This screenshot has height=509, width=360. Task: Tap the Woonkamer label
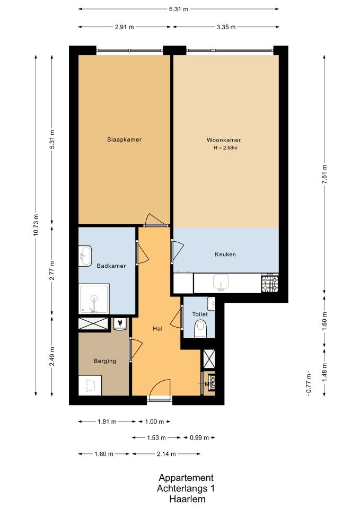point(224,140)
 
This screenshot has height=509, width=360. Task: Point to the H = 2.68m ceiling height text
point(225,148)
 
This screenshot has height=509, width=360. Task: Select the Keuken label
point(225,254)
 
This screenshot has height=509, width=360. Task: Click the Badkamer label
point(111,266)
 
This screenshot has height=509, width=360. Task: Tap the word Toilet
point(200,314)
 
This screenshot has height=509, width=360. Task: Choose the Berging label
point(105,361)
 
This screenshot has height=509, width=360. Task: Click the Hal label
point(157,329)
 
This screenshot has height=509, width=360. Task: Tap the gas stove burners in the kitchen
point(270,283)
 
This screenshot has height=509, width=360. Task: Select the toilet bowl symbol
point(200,329)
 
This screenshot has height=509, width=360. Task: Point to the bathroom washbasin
point(85,256)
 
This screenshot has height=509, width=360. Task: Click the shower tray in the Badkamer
point(94,299)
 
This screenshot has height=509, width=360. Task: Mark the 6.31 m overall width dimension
point(179,9)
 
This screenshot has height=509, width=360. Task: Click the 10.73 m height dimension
point(36,225)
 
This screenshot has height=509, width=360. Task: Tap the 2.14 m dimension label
point(166,454)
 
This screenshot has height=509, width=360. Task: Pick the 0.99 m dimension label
point(199,437)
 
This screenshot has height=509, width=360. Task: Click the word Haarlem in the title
point(187,499)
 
